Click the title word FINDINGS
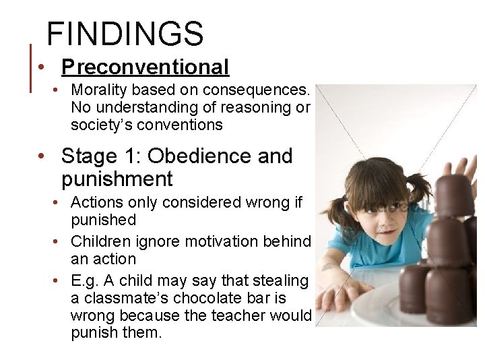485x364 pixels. coord(125,33)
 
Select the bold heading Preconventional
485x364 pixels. coord(145,67)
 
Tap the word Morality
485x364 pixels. coord(98,90)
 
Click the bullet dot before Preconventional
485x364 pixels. coord(42,67)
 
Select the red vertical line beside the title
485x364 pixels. coord(30,67)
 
